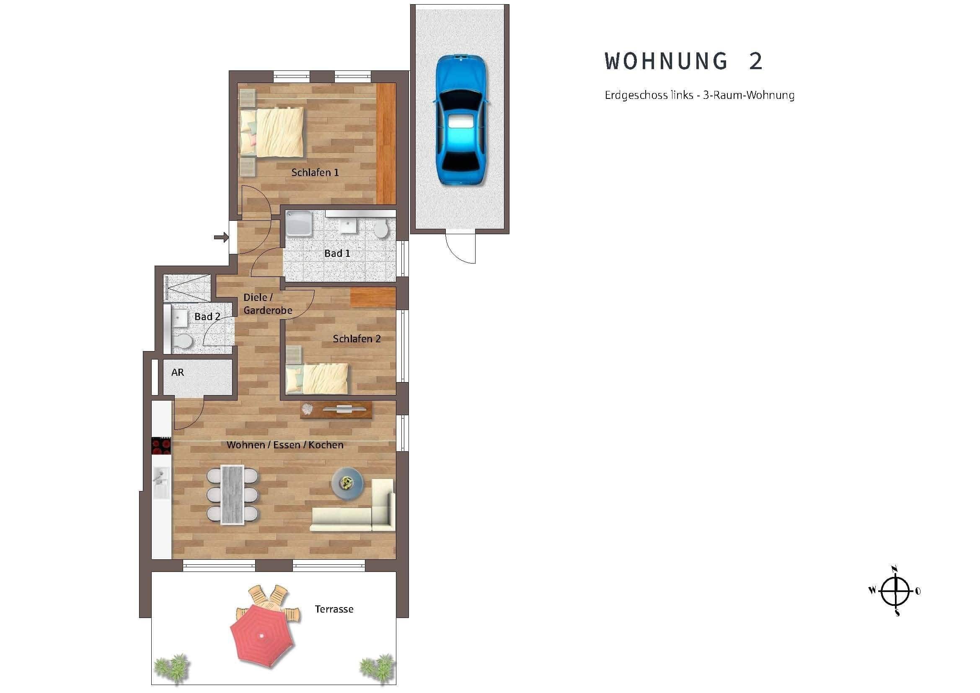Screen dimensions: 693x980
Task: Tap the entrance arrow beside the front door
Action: [221, 237]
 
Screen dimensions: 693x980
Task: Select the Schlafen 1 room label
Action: [315, 172]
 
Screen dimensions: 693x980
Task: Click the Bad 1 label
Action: [337, 253]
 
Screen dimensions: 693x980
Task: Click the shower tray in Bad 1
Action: [299, 224]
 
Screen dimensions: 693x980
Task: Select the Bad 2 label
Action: [207, 317]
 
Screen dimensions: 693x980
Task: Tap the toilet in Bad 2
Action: [182, 341]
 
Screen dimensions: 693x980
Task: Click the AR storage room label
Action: [178, 372]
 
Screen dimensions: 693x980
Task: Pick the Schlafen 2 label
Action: [357, 339]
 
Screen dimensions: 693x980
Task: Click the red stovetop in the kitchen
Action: [161, 445]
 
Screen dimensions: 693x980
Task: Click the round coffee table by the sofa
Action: [347, 483]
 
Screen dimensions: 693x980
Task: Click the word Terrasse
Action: [334, 609]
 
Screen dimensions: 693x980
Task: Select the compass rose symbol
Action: [895, 591]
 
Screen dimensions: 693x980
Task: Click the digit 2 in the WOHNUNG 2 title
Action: [755, 62]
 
